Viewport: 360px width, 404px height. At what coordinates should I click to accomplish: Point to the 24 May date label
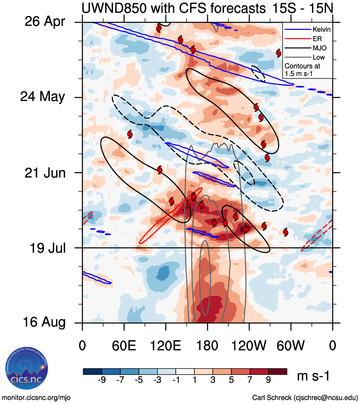coord(44,97)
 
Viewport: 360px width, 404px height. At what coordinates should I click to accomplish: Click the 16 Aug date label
coord(44,322)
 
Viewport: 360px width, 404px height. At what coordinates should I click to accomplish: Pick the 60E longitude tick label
coord(124,346)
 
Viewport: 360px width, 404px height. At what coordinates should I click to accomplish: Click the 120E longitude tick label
coord(166,346)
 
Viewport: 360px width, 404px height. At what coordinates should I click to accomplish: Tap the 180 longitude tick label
coord(207,346)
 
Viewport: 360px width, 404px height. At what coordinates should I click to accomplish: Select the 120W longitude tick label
coord(249,346)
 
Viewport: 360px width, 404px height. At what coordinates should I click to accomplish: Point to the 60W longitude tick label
coord(291,346)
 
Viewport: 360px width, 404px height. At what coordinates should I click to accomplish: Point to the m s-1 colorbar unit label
coord(313,376)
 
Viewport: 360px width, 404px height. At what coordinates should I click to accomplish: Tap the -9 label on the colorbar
coord(102,381)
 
